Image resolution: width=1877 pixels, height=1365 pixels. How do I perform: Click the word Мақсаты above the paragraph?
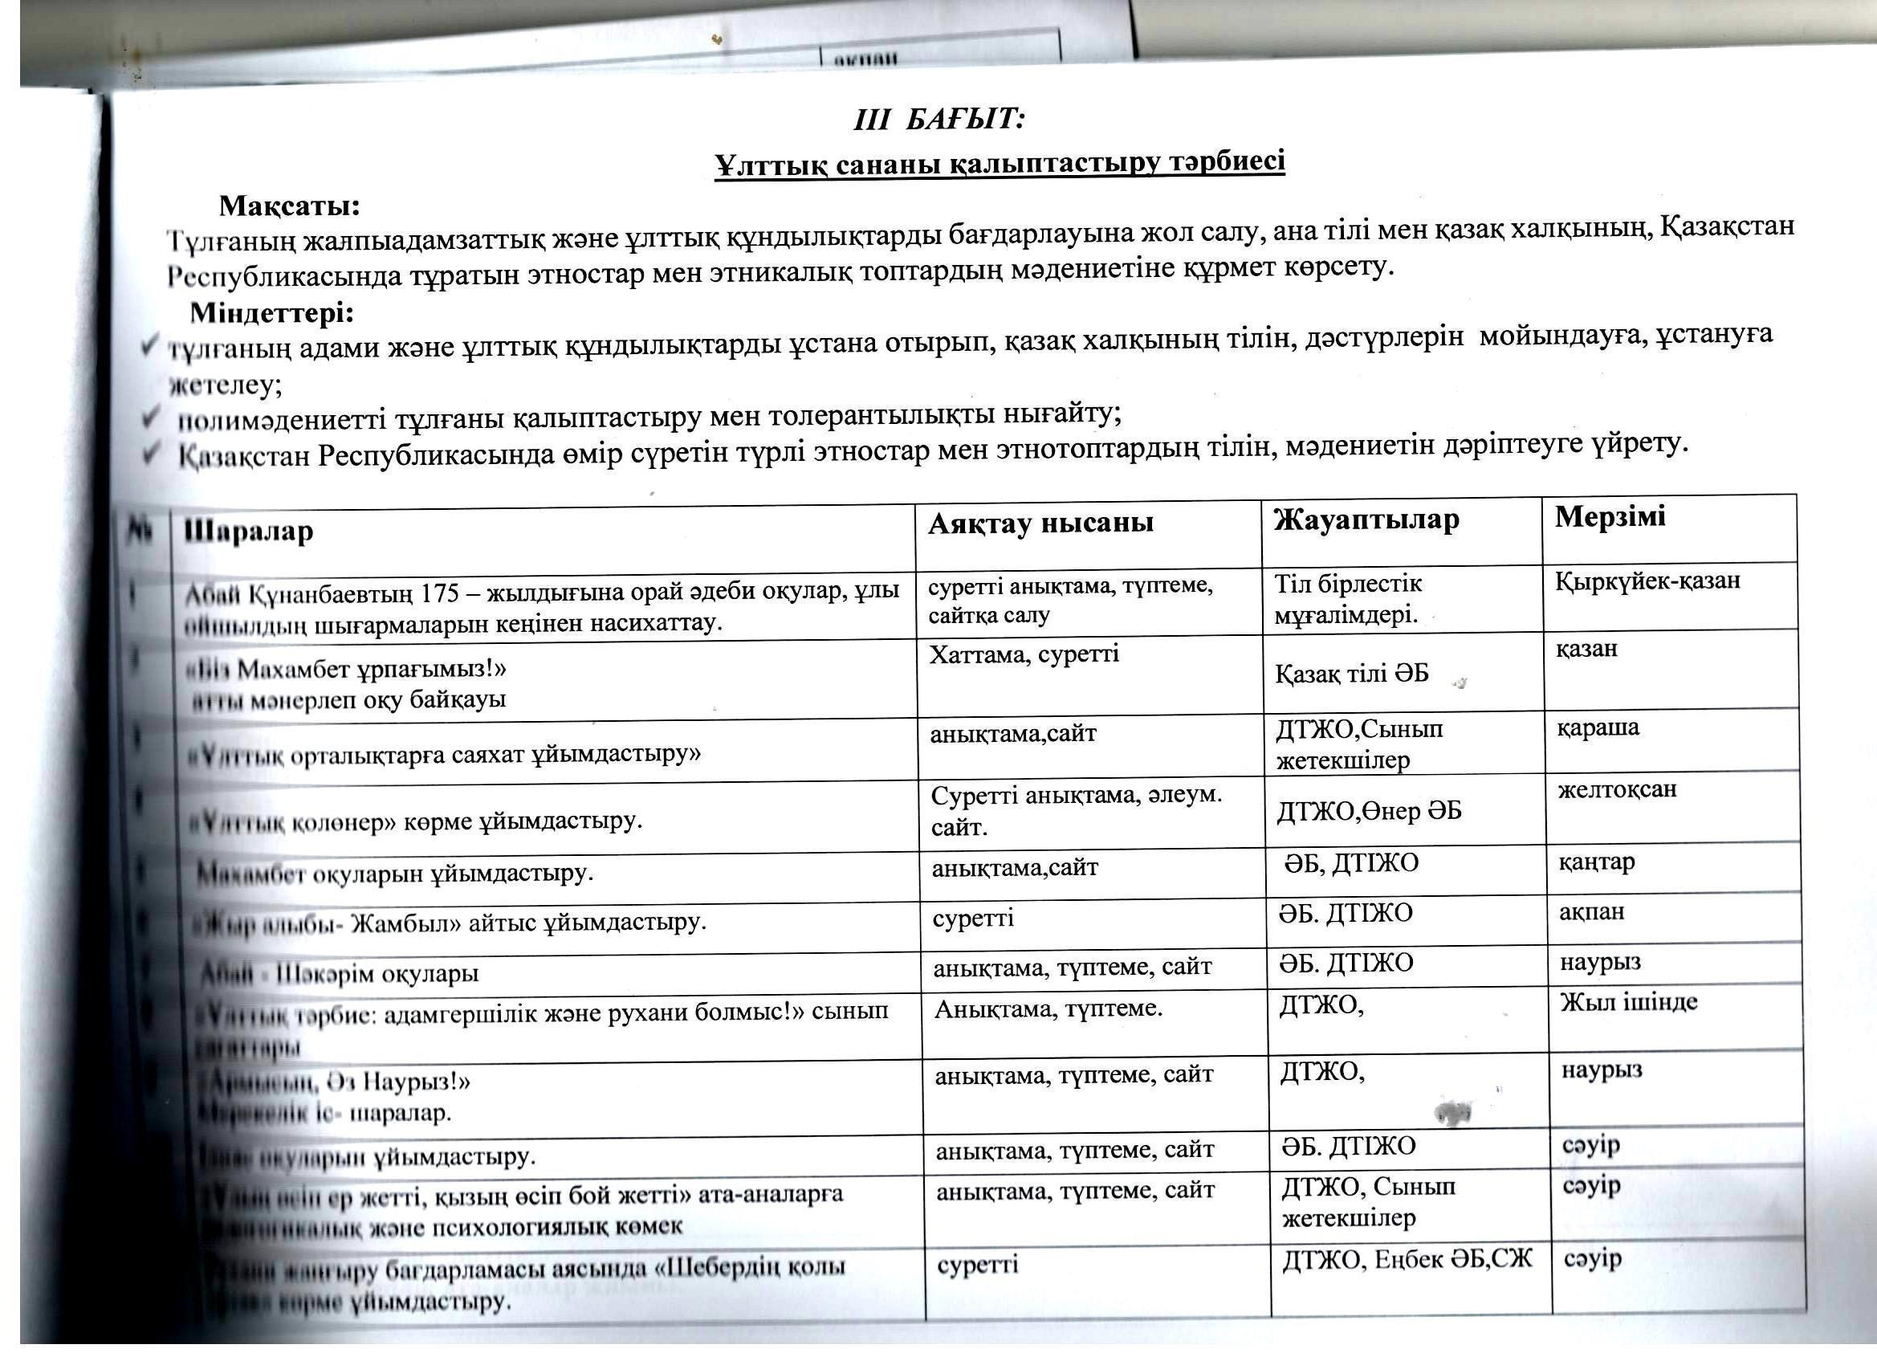(289, 205)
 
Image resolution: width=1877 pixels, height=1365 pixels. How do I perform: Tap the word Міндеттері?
(272, 314)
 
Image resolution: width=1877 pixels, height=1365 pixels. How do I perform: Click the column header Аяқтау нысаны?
(1040, 524)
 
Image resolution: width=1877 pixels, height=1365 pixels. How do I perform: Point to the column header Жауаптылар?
(1366, 520)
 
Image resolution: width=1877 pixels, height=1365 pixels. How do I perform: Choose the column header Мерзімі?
(1610, 516)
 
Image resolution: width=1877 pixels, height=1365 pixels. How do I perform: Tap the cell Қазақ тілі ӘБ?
(1352, 674)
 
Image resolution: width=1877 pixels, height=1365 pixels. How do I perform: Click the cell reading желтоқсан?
(1617, 788)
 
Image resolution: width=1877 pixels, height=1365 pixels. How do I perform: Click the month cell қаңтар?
(1597, 862)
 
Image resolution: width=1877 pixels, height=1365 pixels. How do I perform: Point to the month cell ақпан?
(1591, 911)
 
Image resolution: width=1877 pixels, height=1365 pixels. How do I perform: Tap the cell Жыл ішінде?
(1628, 1002)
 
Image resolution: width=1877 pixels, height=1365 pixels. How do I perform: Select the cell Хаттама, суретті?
(1024, 654)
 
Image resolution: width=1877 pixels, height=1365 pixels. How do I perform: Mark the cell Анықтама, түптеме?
(1048, 1009)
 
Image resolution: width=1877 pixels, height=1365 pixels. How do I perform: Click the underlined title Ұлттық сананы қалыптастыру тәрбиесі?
(1000, 162)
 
